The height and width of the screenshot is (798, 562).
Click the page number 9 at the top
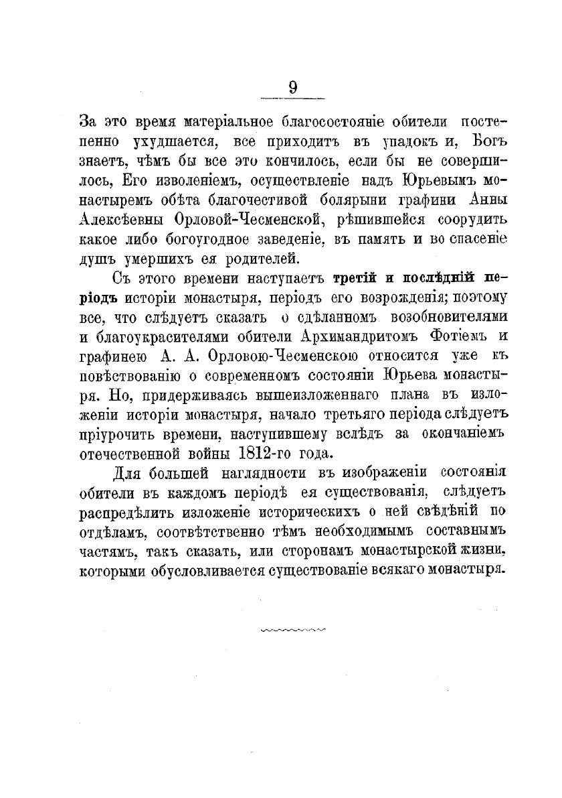click(x=292, y=88)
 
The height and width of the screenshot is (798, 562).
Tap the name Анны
click(x=488, y=199)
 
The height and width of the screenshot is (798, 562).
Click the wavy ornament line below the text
click(x=292, y=630)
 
